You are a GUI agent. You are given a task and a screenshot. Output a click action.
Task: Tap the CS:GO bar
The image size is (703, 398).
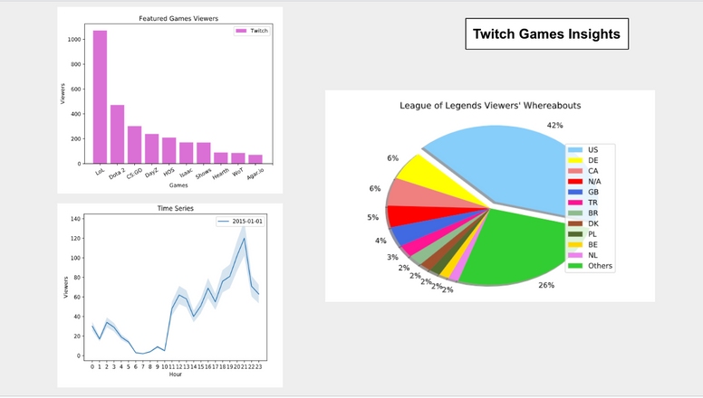click(x=134, y=145)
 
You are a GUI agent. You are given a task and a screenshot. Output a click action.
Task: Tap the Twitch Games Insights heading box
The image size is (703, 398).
click(x=546, y=34)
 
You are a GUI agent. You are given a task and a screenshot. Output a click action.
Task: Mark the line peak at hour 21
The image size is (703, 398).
click(x=244, y=238)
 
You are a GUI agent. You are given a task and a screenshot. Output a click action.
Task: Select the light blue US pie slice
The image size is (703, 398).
click(x=507, y=163)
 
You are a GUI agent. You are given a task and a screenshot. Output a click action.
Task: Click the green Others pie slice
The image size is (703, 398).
click(x=516, y=244)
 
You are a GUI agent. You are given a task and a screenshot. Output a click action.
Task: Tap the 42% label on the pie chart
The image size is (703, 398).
click(x=554, y=125)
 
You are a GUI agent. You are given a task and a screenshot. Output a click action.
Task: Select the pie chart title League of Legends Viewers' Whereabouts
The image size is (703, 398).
click(x=490, y=106)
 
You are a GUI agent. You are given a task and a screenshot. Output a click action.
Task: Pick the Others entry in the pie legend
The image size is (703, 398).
click(x=598, y=266)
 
